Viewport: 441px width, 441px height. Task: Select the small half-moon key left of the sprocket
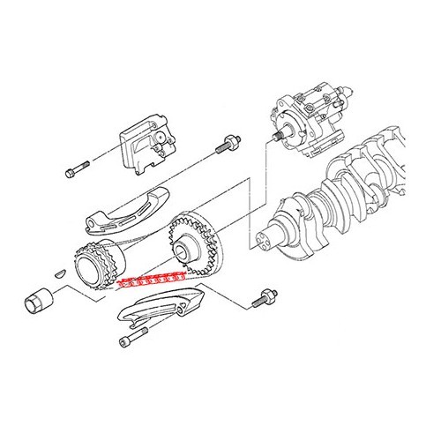tap(60, 271)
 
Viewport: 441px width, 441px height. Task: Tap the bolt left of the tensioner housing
tap(78, 168)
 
